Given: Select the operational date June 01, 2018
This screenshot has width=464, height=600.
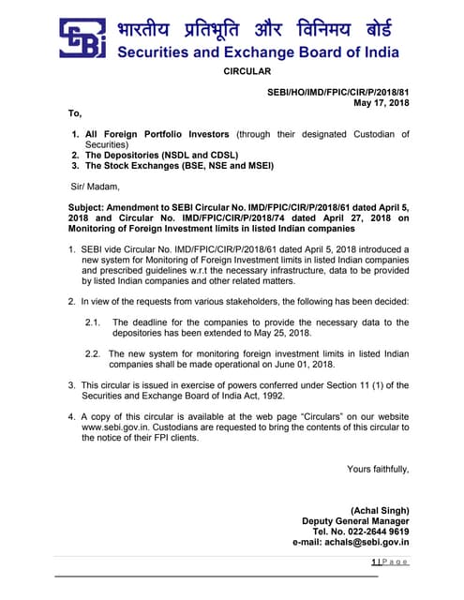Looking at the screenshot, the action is (307, 364).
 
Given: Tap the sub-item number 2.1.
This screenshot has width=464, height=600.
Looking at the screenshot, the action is (93, 322).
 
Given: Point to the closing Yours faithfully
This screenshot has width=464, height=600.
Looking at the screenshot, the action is (378, 469).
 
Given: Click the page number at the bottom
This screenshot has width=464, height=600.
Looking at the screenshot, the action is (374, 561).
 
